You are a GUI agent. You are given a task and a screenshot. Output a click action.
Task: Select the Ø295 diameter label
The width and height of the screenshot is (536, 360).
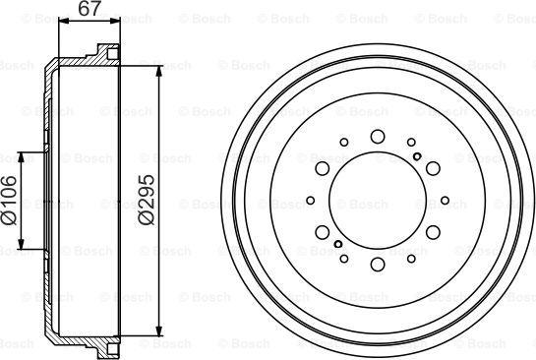point(148,201)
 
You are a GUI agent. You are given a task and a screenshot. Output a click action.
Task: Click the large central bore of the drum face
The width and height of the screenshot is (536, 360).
point(378,202)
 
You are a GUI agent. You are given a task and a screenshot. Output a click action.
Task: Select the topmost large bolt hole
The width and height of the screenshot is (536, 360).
point(378,137)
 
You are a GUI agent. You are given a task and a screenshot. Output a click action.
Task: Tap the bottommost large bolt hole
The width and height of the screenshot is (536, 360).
point(378,267)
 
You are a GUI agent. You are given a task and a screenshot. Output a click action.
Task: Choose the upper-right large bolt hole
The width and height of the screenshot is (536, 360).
point(434,169)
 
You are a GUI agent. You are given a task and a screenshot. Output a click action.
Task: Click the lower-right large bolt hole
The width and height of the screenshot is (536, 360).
point(434,234)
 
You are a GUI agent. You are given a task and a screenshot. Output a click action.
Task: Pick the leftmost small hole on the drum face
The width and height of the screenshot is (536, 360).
point(311,202)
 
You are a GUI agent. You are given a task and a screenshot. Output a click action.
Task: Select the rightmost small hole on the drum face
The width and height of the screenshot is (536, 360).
point(445,202)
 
